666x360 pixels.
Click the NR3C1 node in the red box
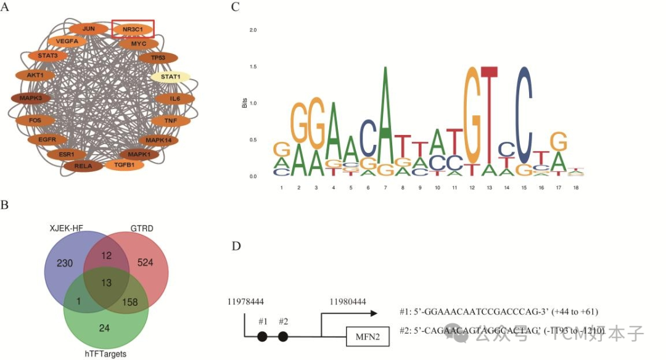133,28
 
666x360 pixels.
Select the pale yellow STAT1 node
170,77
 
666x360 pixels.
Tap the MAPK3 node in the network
31,98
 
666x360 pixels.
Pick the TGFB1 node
125,165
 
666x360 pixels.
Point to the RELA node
83,165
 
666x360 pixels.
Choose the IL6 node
175,99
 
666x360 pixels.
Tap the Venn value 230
65,263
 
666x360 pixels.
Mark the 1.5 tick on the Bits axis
253,67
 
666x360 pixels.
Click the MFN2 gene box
367,337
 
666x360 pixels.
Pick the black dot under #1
262,337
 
